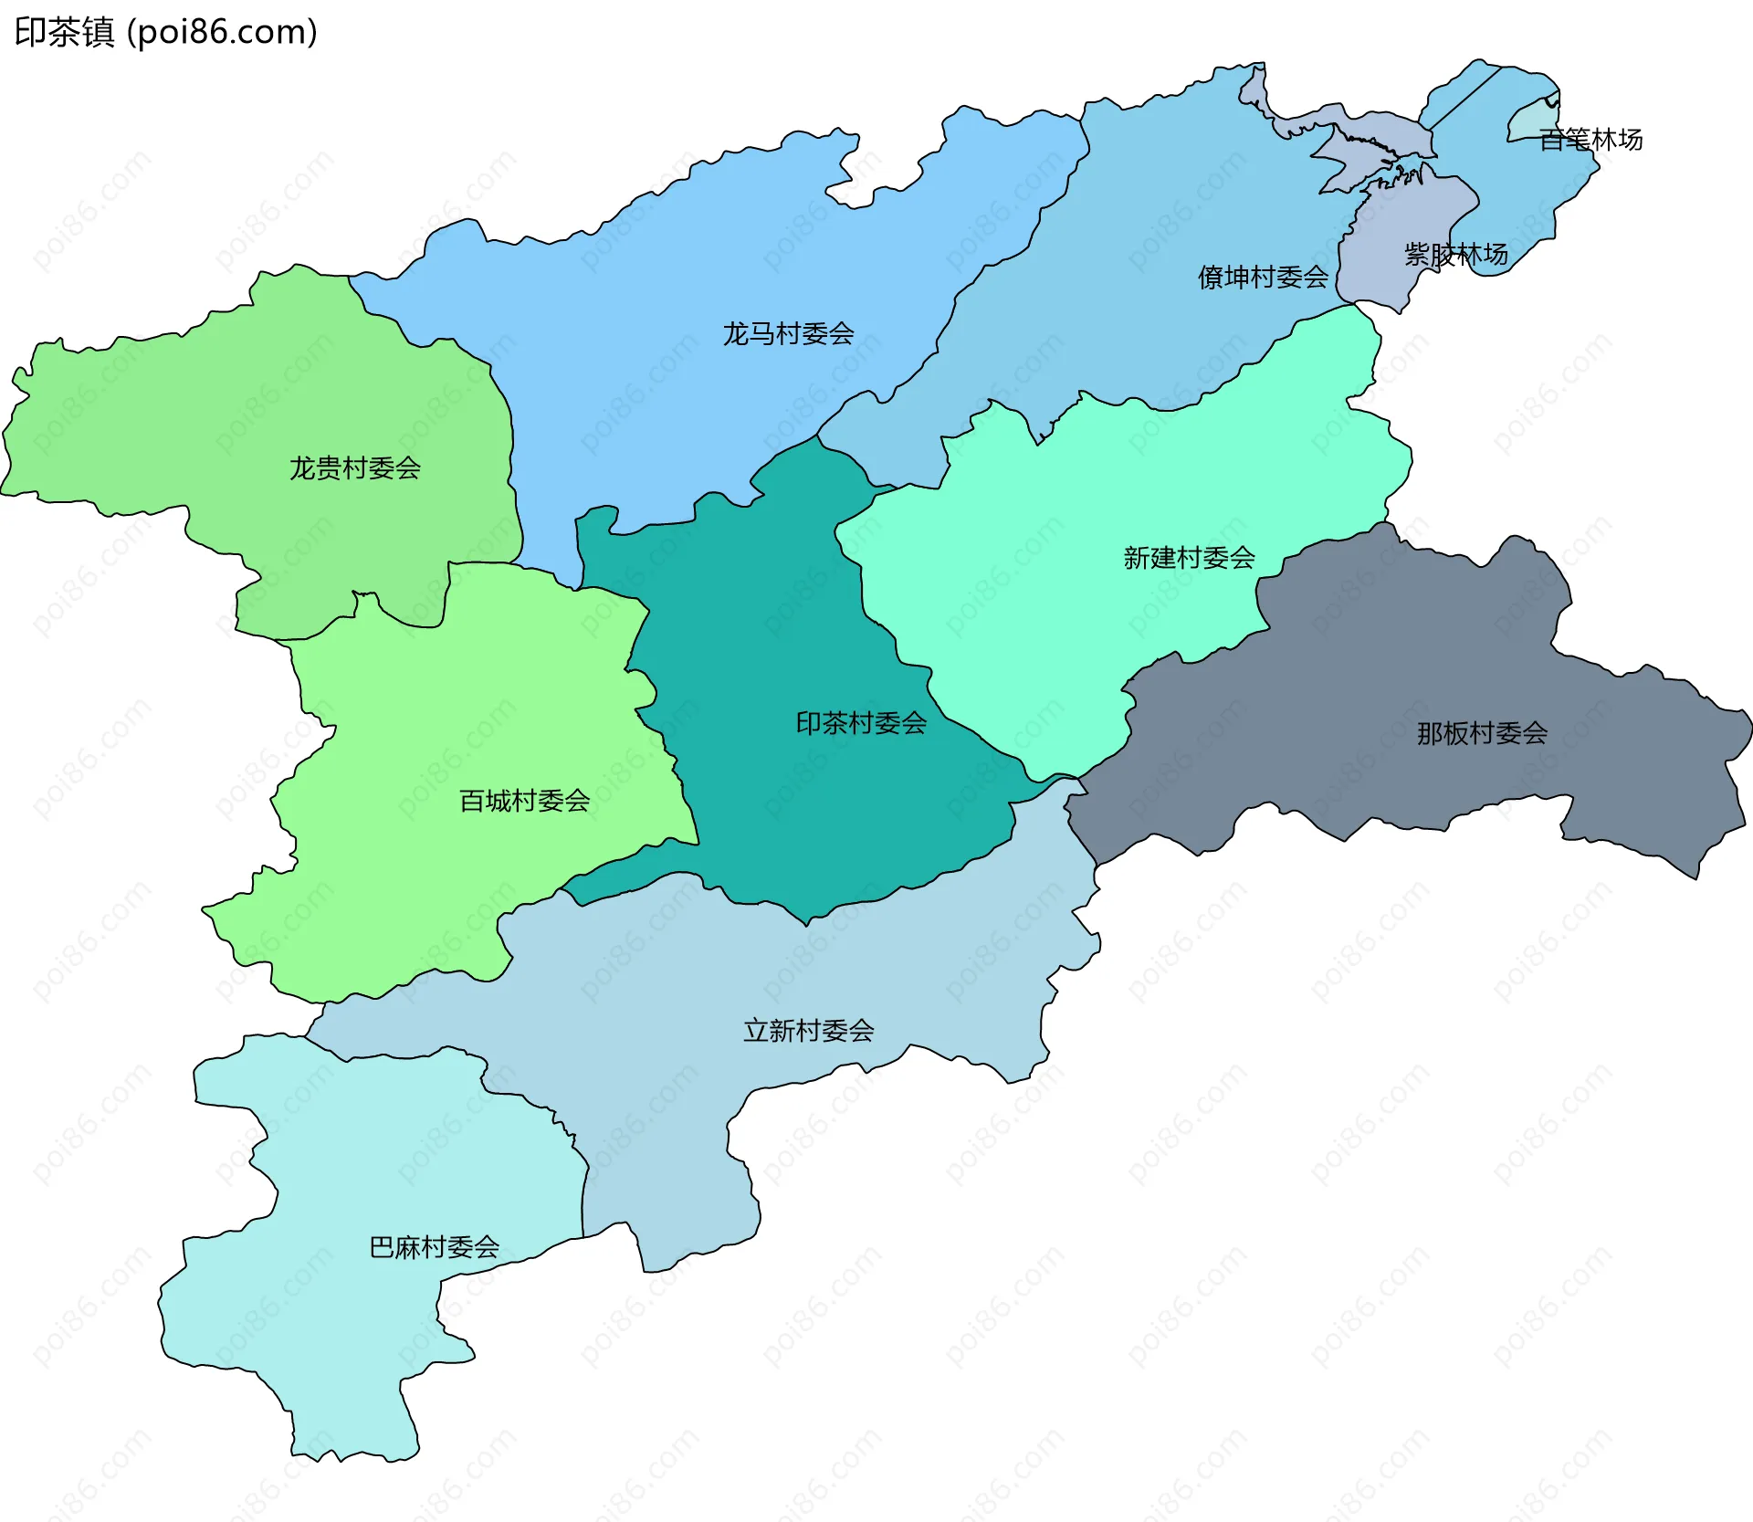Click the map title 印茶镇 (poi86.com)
166,33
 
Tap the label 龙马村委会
788,334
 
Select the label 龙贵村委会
355,468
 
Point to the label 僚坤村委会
1263,278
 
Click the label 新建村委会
1189,558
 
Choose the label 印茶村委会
861,724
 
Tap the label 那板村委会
1482,733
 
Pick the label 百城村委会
524,802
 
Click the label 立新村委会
808,1032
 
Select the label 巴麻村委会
434,1247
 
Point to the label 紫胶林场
1455,255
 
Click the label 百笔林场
1590,140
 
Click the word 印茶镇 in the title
64,33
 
